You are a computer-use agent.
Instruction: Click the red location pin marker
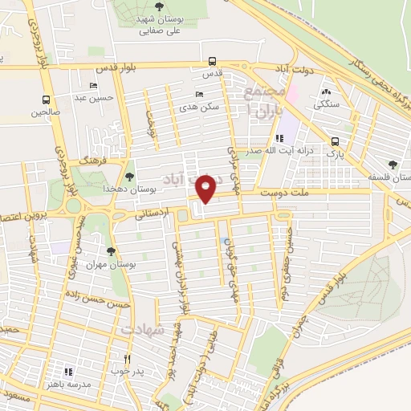click(x=206, y=188)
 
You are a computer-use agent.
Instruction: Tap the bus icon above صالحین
click(x=46, y=100)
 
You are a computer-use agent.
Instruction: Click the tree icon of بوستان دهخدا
click(x=130, y=175)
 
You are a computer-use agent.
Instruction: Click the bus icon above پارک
click(x=332, y=138)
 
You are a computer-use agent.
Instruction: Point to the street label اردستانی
click(x=152, y=214)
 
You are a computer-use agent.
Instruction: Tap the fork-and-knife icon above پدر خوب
click(x=126, y=359)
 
